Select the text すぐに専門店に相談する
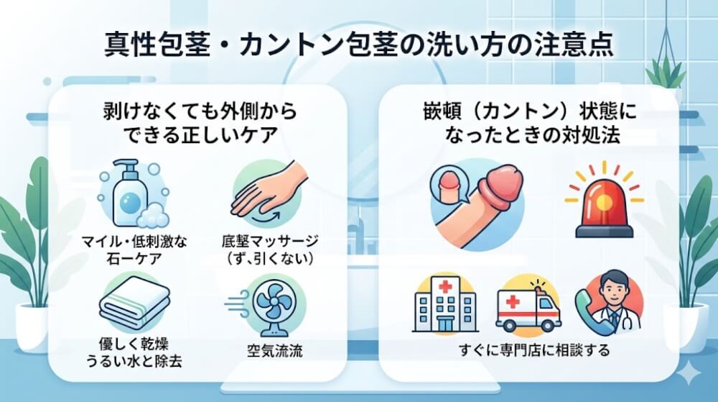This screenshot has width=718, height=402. pos(534,351)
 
